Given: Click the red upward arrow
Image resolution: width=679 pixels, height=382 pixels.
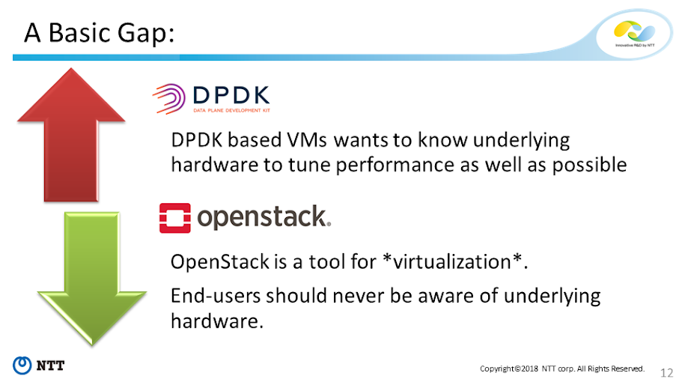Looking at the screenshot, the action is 71,134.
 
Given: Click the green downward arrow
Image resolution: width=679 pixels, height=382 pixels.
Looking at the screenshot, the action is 92,277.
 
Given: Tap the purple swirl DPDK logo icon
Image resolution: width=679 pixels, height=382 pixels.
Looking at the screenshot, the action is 169,99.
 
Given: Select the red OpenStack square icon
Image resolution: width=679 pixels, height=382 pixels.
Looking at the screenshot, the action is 175,218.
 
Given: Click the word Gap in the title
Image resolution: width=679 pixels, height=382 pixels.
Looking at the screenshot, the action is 145,33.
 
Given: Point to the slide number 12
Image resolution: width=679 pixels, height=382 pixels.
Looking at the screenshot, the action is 666,372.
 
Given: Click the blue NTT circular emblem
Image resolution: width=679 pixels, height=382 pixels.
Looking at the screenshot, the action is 22,365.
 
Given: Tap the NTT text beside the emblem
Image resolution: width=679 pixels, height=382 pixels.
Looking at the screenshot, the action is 50,366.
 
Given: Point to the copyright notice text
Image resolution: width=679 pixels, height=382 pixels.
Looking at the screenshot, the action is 562,369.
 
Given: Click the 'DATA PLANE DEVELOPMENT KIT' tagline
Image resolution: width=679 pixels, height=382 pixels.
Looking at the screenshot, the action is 231,110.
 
